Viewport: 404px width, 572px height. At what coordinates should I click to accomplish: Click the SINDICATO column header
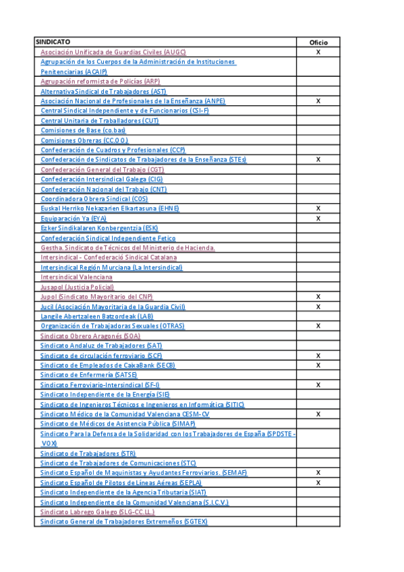(53, 42)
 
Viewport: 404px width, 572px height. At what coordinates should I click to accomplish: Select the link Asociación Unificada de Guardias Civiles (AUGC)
(113, 52)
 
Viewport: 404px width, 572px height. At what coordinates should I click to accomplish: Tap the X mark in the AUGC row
(318, 52)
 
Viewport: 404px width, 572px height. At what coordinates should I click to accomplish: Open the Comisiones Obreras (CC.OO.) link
(84, 140)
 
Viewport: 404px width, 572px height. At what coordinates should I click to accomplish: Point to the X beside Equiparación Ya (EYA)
(318, 219)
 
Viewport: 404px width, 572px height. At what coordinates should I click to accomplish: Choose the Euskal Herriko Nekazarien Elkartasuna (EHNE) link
(110, 209)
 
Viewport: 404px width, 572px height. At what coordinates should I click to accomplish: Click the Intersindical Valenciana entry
(76, 277)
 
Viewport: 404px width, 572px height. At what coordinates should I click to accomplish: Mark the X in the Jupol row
(318, 297)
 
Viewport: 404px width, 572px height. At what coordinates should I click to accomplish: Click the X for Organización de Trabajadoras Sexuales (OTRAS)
(318, 326)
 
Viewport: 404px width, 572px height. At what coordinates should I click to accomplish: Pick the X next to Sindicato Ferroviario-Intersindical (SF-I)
(318, 384)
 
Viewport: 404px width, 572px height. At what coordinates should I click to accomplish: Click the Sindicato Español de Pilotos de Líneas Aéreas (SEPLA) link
(121, 483)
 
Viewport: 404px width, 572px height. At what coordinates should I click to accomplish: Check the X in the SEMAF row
(318, 473)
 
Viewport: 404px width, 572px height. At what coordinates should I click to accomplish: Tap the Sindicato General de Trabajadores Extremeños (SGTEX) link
(124, 522)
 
